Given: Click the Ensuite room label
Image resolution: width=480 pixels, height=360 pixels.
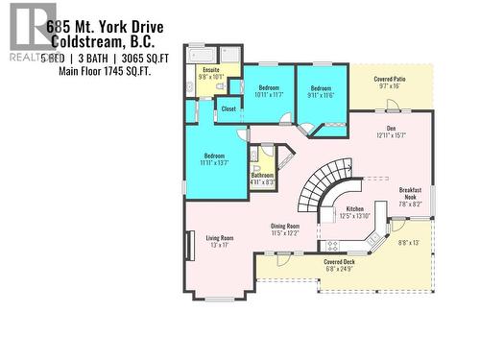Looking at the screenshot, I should coord(210,69).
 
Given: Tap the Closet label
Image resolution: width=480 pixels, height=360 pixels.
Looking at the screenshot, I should coord(228,108).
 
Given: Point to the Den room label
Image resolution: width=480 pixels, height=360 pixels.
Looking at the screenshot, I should coord(391,129).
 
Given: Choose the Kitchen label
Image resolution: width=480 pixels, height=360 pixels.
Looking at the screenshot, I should coord(355,207).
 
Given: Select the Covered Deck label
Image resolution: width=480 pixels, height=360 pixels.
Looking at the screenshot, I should coord(339,262).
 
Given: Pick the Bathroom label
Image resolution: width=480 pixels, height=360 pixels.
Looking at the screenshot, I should coord(262,175).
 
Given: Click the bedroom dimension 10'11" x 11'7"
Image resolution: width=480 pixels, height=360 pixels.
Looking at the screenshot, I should coord(269,94).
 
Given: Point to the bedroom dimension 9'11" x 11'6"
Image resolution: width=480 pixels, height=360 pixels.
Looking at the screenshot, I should coord(321,94).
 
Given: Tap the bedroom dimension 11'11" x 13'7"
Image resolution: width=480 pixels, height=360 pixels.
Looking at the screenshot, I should coord(213,163).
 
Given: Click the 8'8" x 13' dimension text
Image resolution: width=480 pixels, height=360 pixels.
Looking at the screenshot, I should coord(409,242).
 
